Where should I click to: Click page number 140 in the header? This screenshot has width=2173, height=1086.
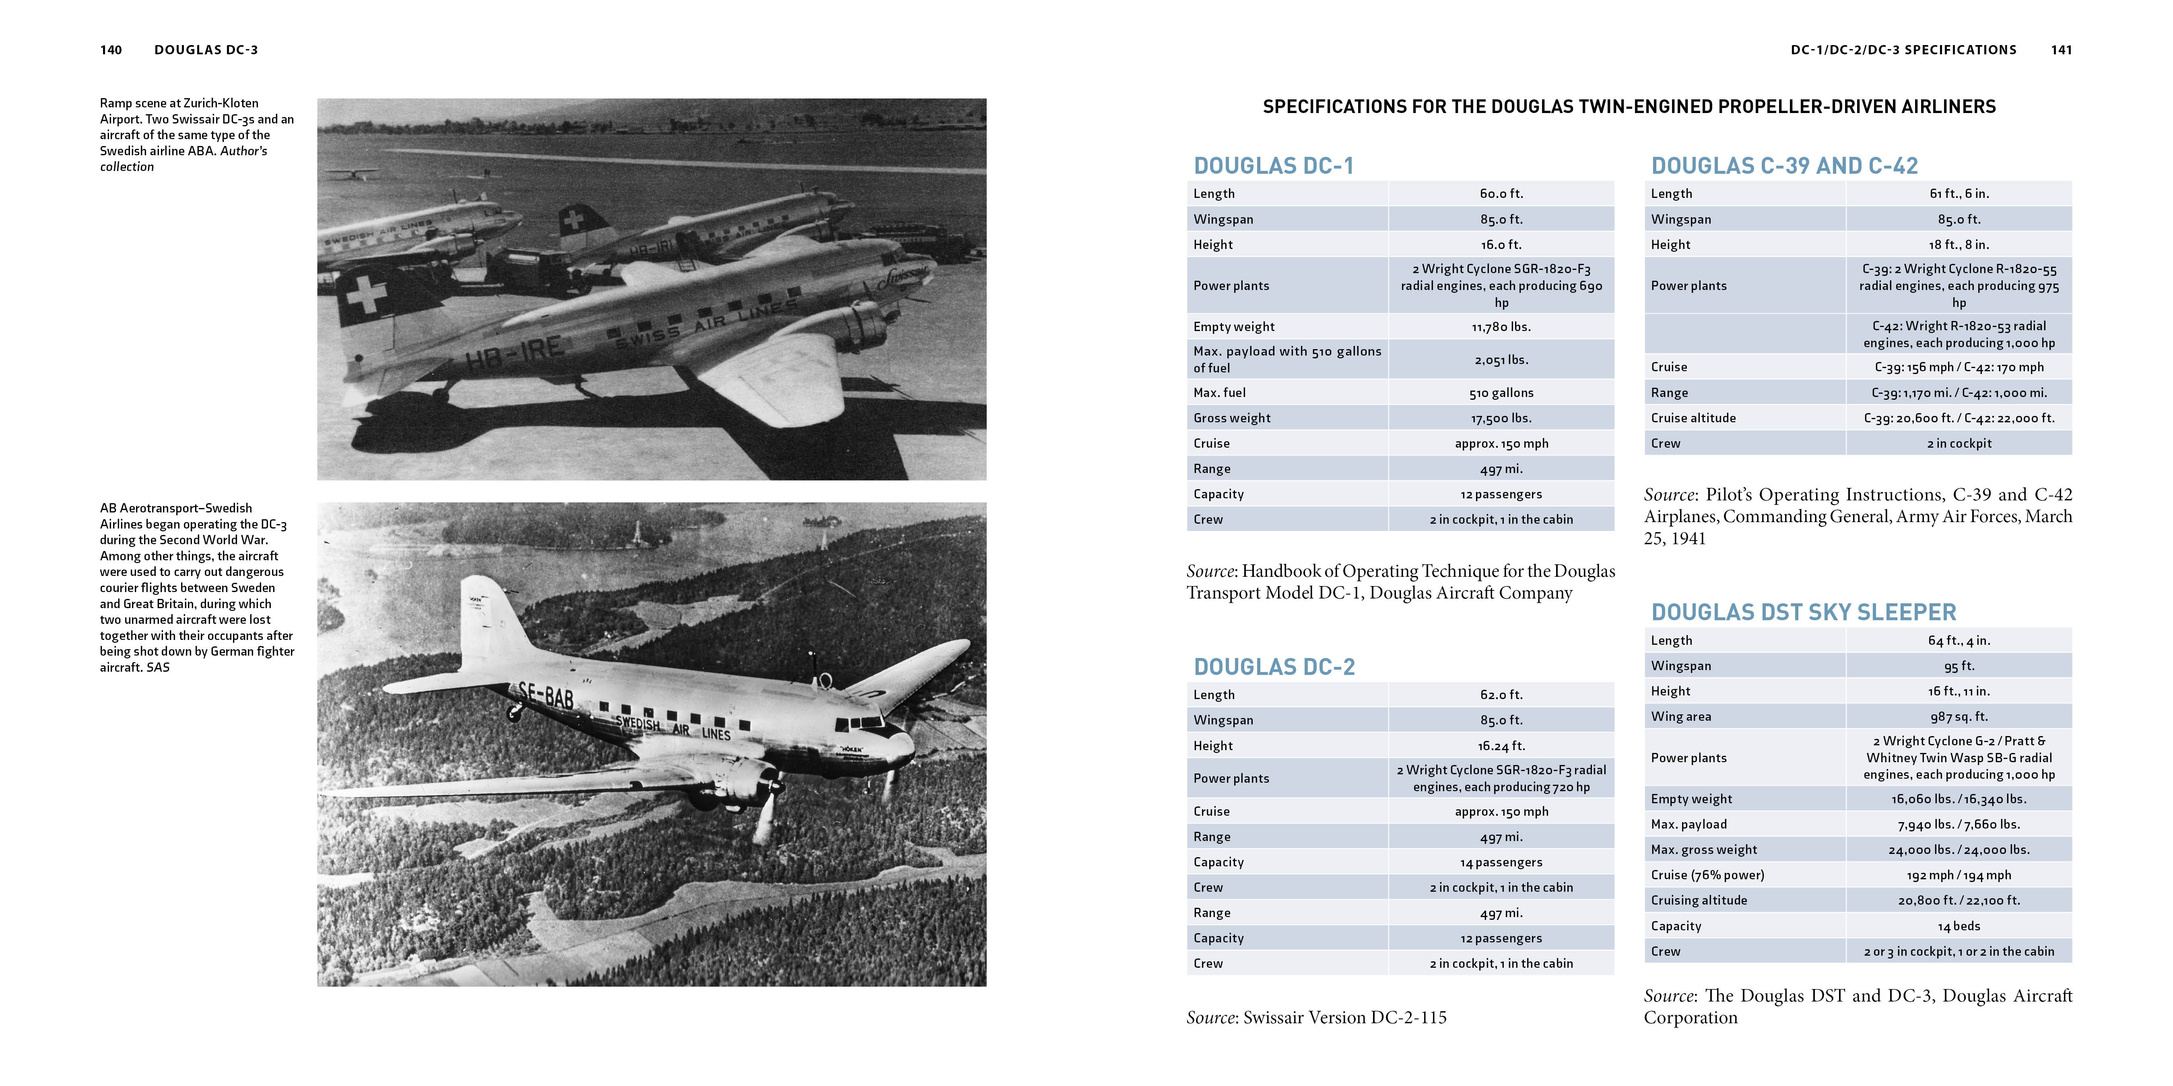[111, 50]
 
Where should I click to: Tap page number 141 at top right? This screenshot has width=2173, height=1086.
[2061, 50]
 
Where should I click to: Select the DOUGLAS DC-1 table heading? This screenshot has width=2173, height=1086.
[1273, 165]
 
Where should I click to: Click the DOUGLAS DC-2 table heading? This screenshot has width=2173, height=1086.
[1274, 667]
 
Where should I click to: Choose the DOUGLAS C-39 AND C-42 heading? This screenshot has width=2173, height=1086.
[1784, 165]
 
